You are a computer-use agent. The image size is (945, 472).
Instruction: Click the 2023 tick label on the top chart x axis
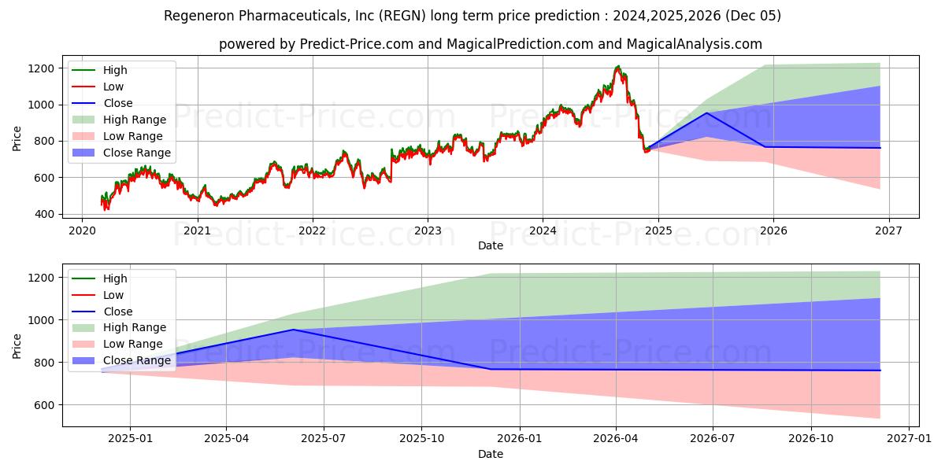tap(428, 230)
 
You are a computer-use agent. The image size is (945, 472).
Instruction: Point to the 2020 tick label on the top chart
tap(82, 230)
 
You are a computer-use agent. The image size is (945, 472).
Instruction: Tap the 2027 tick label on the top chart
tap(888, 230)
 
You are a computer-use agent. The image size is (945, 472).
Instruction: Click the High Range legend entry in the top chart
tap(134, 120)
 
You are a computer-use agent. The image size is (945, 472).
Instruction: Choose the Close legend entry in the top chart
tap(117, 103)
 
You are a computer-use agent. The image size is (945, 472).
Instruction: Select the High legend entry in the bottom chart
tap(115, 278)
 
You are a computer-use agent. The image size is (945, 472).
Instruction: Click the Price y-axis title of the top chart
tap(17, 138)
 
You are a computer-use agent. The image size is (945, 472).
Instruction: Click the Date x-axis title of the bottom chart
tap(491, 455)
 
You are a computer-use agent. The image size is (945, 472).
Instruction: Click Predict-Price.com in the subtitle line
tap(357, 44)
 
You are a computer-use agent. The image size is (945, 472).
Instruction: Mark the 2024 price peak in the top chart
tap(618, 67)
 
